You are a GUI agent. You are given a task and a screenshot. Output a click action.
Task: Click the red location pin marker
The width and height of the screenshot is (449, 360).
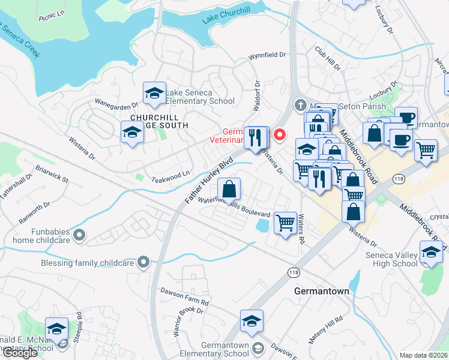(x=279, y=135)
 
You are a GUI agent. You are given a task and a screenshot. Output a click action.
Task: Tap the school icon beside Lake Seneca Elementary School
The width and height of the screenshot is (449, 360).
(x=154, y=94)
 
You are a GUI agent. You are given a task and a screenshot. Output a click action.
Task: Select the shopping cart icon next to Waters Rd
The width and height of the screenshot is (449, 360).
(x=286, y=223)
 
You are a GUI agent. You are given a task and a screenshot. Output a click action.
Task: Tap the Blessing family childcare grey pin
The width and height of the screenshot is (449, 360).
(x=142, y=262)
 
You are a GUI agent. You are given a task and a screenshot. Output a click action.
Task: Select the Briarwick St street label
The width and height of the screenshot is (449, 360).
(x=52, y=175)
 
